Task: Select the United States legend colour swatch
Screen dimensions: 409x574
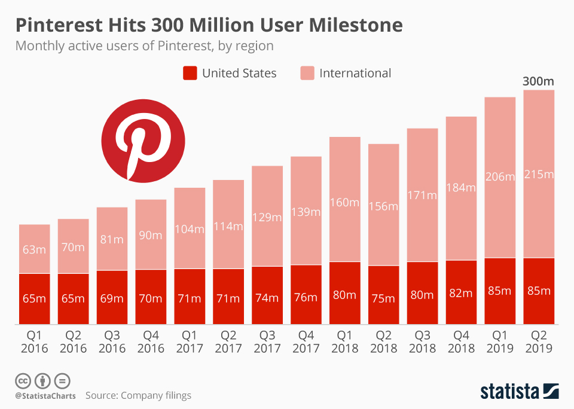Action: pyautogui.click(x=190, y=74)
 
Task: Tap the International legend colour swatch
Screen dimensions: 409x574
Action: pyautogui.click(x=307, y=74)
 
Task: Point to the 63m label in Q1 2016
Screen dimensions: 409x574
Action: pyautogui.click(x=34, y=249)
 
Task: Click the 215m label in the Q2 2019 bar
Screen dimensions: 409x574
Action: pyautogui.click(x=539, y=175)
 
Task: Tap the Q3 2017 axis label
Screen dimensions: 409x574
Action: pyautogui.click(x=267, y=342)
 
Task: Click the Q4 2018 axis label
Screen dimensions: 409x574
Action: pyautogui.click(x=461, y=342)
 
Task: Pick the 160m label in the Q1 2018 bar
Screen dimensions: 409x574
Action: pyautogui.click(x=344, y=202)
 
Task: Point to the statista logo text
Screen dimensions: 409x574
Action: pyautogui.click(x=509, y=392)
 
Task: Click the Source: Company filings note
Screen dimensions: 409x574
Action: pyautogui.click(x=138, y=395)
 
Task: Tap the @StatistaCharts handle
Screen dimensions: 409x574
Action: pyautogui.click(x=45, y=395)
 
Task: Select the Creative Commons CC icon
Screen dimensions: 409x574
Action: pyautogui.click(x=23, y=380)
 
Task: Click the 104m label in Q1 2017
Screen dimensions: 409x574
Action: pyautogui.click(x=190, y=228)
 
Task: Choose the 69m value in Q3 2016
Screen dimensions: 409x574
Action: pyautogui.click(x=112, y=297)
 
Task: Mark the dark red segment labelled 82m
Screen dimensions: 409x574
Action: pyautogui.click(x=461, y=292)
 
